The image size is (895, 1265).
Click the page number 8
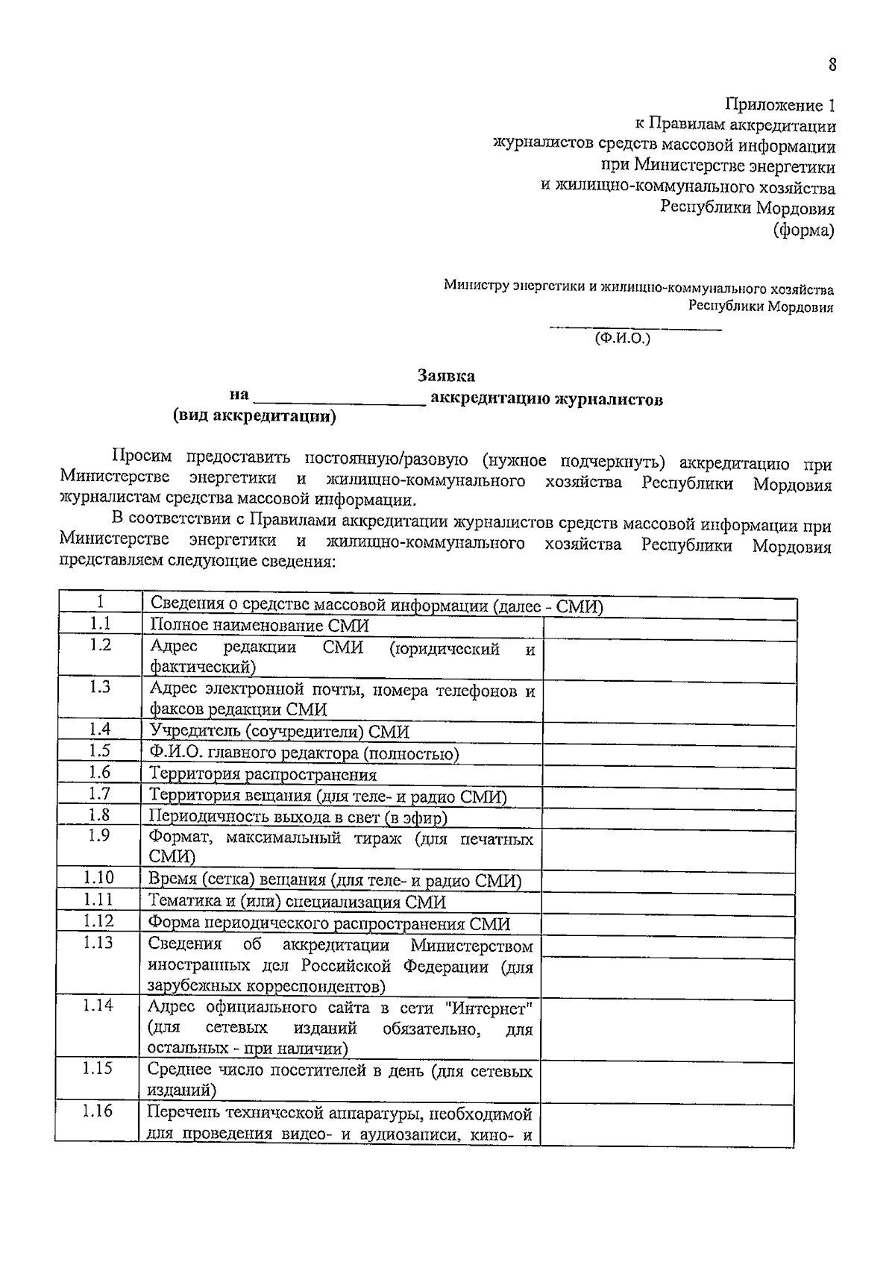(x=832, y=65)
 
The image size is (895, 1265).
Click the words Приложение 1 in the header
(x=780, y=105)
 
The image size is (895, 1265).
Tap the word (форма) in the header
(x=804, y=230)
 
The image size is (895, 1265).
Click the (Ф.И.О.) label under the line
(x=622, y=338)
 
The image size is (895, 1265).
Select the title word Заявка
(x=446, y=376)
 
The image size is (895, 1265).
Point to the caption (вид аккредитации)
(x=254, y=416)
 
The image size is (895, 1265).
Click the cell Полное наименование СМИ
(x=260, y=625)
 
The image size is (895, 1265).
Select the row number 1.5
(x=99, y=750)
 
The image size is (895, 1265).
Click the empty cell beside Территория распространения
(x=668, y=775)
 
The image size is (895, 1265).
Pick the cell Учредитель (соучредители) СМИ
(x=279, y=731)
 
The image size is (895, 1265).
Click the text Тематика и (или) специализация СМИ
(x=297, y=902)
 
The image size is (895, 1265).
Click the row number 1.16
(x=98, y=1111)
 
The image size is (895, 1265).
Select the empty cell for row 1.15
(x=667, y=1079)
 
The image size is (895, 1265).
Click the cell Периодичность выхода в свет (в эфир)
(x=297, y=817)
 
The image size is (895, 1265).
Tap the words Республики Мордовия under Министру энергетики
(x=760, y=307)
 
